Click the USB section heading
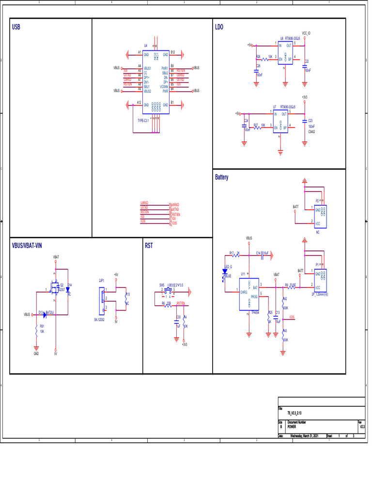tap(16, 28)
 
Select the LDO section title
tap(219, 28)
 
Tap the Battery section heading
tap(221, 177)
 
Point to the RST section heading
tap(149, 246)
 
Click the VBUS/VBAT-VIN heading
tap(27, 246)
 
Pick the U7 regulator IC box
tap(281, 121)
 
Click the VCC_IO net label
tap(306, 33)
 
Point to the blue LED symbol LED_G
tap(225, 272)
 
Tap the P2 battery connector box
tap(320, 217)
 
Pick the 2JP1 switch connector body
tap(102, 300)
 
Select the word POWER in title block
tap(292, 427)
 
